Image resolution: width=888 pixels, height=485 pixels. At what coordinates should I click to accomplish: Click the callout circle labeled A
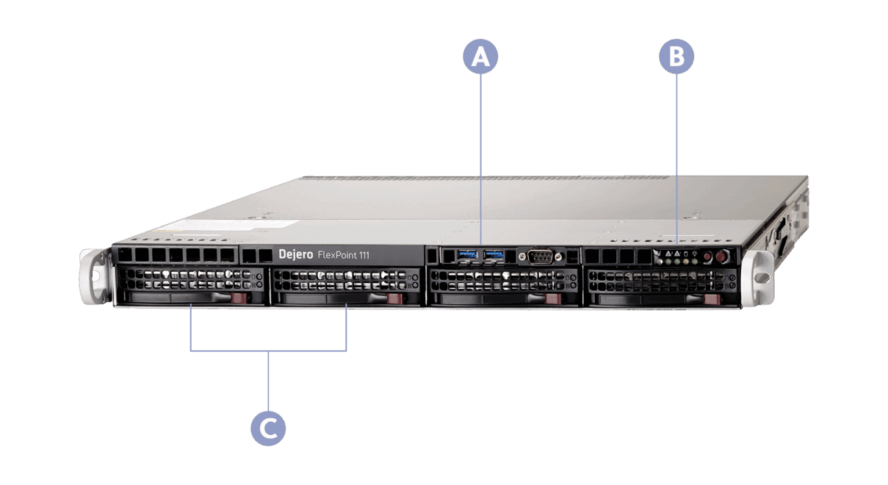(x=480, y=58)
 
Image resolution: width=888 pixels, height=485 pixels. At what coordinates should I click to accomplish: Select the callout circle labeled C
(x=268, y=428)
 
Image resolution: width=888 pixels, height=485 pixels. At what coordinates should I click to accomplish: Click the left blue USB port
(x=467, y=255)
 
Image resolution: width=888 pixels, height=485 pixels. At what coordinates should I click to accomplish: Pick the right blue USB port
(x=494, y=255)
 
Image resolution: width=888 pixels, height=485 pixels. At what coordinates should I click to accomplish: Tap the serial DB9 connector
(x=540, y=256)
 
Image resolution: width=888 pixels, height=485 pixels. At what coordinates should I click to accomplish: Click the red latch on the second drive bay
(x=395, y=298)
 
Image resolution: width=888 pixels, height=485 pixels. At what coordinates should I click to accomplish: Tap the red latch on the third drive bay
(x=553, y=299)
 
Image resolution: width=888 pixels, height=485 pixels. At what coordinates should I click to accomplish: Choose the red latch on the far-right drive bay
(x=711, y=301)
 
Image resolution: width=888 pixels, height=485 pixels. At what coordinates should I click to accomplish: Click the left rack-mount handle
(x=92, y=276)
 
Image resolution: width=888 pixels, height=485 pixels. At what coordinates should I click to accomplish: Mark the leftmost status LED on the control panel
(x=659, y=262)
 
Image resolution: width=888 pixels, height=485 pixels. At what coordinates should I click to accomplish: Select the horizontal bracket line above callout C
(x=268, y=351)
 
